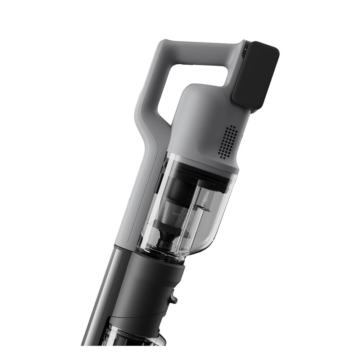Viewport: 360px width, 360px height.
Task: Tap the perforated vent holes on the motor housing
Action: [x=228, y=142]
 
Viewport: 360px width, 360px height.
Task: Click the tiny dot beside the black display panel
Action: [x=244, y=50]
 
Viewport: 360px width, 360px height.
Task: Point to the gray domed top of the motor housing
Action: [x=202, y=97]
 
